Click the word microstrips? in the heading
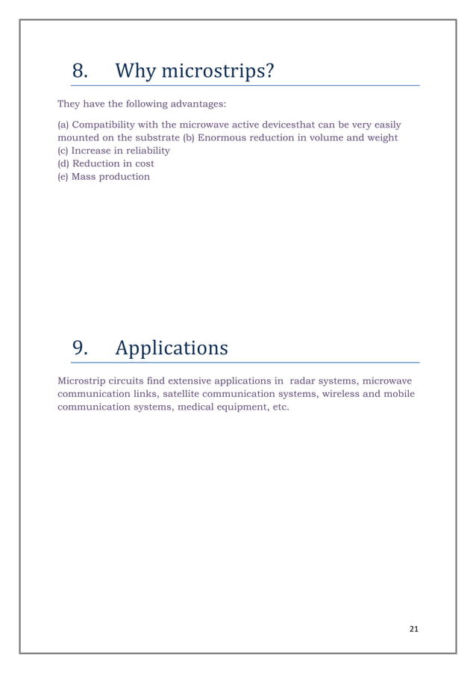click(x=218, y=72)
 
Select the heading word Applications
click(x=172, y=348)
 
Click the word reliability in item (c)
click(x=145, y=150)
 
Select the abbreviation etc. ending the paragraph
click(x=278, y=407)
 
